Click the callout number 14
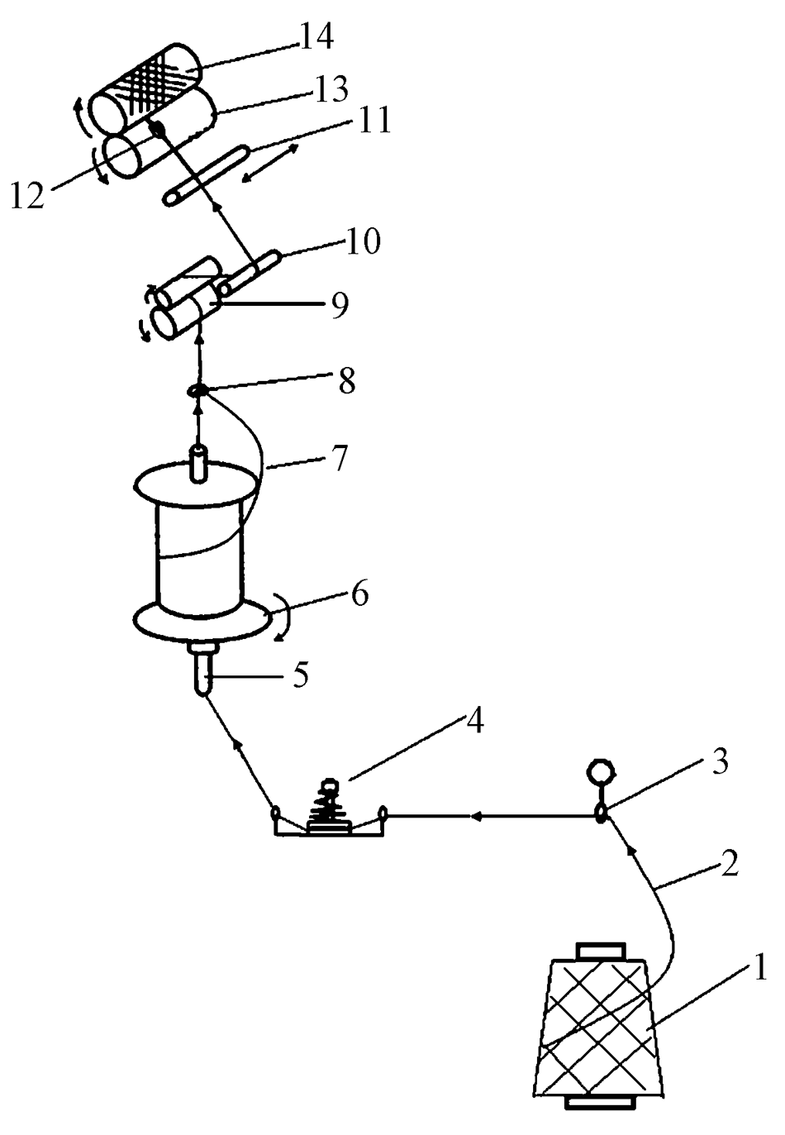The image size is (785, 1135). coord(316,36)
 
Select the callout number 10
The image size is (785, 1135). coord(362,242)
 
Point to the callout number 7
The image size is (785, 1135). coord(338,457)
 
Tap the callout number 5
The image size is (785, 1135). coord(299,675)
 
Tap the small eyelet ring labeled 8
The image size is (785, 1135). coord(197,391)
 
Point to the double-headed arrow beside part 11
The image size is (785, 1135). coord(269,163)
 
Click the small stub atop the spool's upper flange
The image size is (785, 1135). coord(198,463)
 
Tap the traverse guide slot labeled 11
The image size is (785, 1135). coord(207,174)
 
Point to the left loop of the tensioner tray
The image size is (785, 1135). coord(276,813)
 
